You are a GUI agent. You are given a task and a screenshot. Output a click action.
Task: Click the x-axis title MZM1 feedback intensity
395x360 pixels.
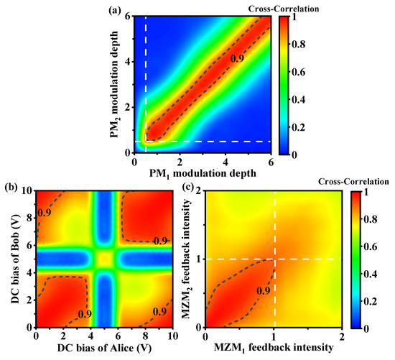click(x=274, y=349)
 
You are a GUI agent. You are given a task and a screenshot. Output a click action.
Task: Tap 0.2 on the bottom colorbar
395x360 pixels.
click(x=372, y=299)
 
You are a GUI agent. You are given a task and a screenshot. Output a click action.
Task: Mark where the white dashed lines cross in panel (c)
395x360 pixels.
click(x=274, y=259)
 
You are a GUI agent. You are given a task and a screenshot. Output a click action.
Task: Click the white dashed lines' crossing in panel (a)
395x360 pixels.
click(x=146, y=142)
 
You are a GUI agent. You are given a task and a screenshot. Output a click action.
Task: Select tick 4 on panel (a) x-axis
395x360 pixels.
click(x=226, y=164)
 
